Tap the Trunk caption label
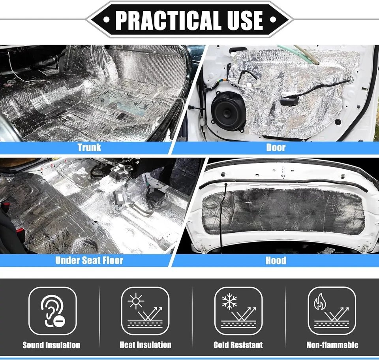pos(89,147)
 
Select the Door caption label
pos(276,147)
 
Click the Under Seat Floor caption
pos(89,260)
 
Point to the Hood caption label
pos(276,260)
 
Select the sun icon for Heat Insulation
pos(135,302)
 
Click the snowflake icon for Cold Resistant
pos(229,302)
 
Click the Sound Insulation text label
pos(51,345)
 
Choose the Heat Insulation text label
pos(145,345)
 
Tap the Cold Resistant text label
pos(238,345)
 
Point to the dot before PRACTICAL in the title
pos(106,20)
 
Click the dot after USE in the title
pos(272,20)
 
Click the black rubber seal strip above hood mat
pos(284,182)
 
